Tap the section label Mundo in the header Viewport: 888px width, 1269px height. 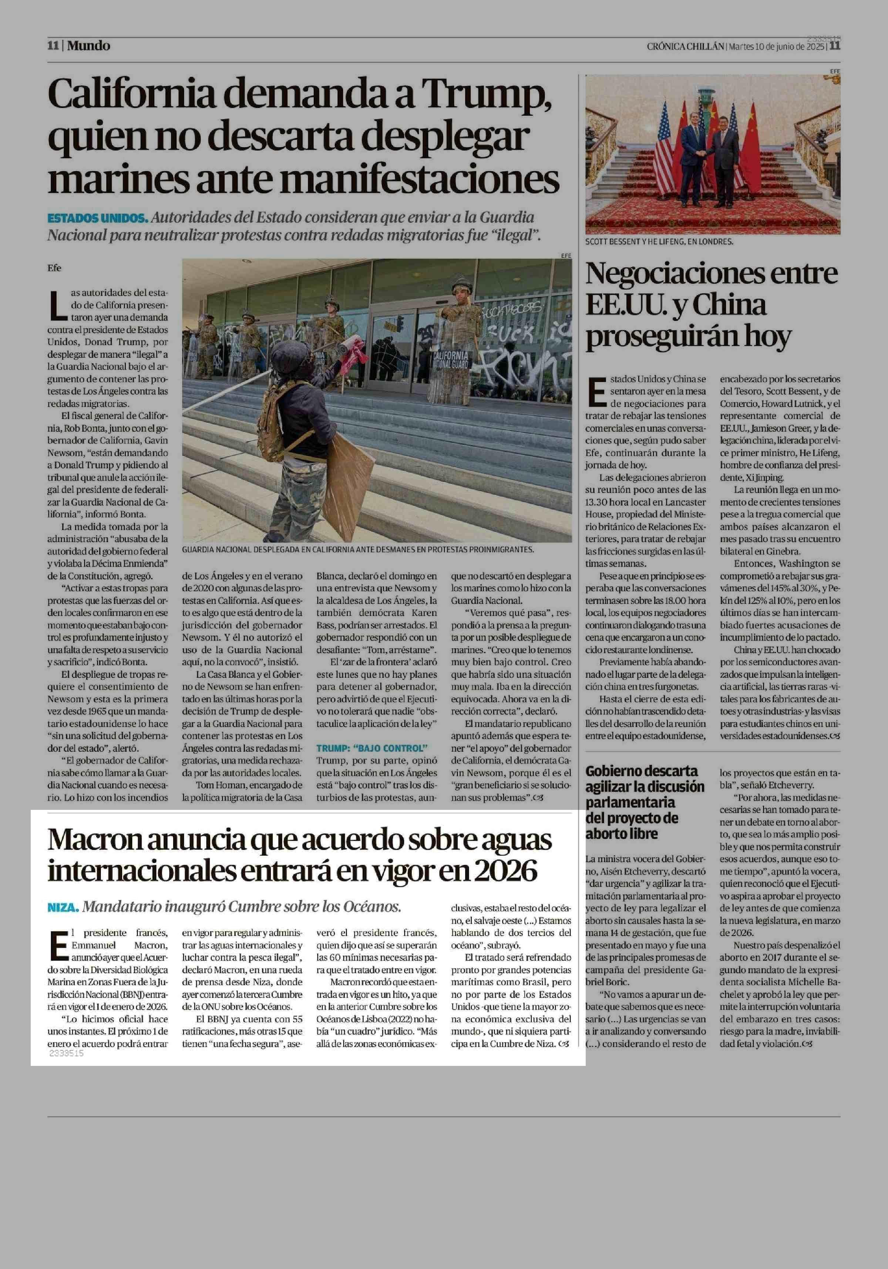pyautogui.click(x=88, y=46)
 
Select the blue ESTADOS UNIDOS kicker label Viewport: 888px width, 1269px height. pyautogui.click(x=97, y=218)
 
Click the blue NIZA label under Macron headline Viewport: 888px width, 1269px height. pyautogui.click(x=63, y=907)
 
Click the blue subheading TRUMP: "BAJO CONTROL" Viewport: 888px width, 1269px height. pyautogui.click(x=372, y=748)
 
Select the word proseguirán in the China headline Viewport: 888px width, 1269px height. pyautogui.click(x=689, y=336)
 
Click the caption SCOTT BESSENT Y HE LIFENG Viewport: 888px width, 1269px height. pyautogui.click(x=659, y=242)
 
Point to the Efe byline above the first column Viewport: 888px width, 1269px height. pyautogui.click(x=54, y=268)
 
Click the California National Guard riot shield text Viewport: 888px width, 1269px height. pyautogui.click(x=450, y=359)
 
